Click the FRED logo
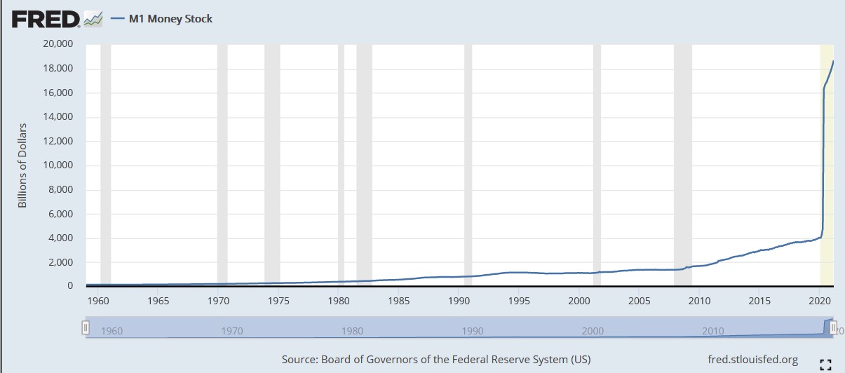coord(46,19)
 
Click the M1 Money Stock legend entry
coord(170,19)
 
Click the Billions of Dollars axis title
coord(22,165)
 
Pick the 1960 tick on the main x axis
coord(98,301)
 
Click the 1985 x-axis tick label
coord(398,301)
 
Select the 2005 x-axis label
coord(639,301)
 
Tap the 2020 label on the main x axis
coord(819,301)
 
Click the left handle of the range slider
coord(86,327)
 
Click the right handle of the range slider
coord(832,327)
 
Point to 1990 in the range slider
coord(473,331)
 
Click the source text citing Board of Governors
coord(435,360)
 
